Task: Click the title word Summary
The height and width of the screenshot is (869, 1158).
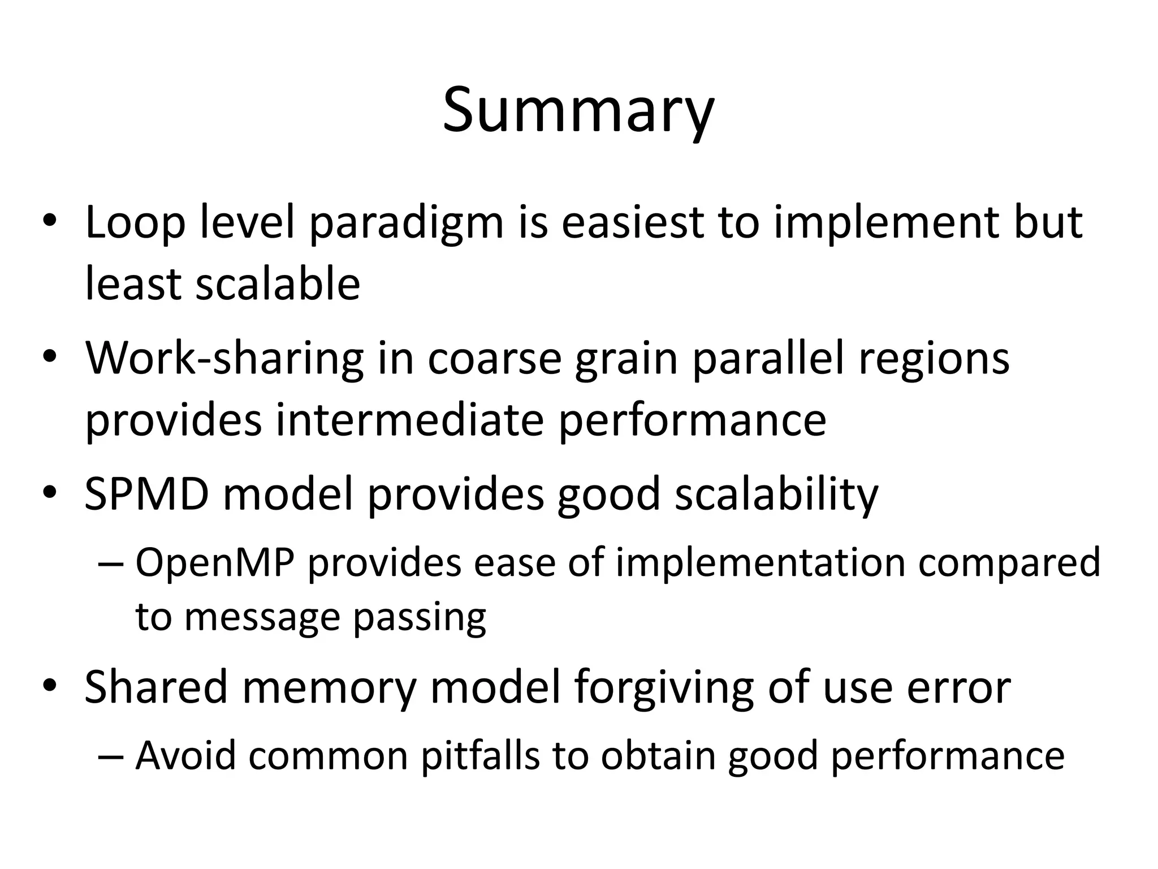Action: (578, 110)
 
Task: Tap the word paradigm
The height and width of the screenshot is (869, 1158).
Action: (406, 225)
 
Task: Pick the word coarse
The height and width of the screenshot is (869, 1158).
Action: (494, 360)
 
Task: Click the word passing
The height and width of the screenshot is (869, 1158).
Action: (420, 619)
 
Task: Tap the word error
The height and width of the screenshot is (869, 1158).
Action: (959, 688)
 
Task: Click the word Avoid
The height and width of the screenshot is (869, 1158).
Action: (185, 756)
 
